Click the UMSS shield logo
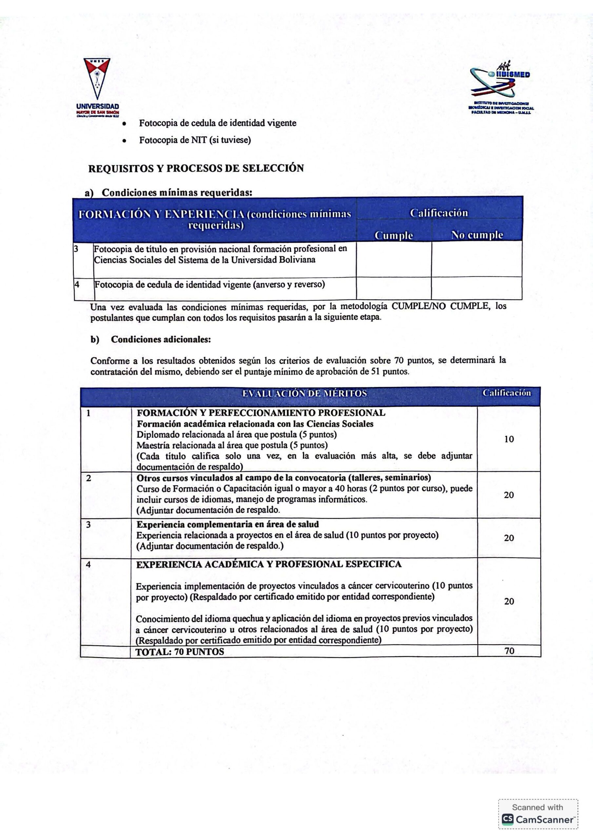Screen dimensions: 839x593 (97, 78)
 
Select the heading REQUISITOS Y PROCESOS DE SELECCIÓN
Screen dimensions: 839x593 (196, 168)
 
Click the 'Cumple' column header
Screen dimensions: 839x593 (394, 236)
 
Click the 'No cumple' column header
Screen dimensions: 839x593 (477, 235)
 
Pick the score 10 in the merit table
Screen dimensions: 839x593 (509, 439)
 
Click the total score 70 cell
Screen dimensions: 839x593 (509, 651)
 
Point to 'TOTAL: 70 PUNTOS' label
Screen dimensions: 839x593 (180, 652)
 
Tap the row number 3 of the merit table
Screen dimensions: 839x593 (88, 525)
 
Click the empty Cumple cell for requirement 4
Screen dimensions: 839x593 (394, 288)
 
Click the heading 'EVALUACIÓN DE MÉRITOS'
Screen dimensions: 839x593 (304, 393)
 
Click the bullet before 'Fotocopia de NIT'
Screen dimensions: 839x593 (125, 140)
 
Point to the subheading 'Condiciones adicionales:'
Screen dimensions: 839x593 (161, 340)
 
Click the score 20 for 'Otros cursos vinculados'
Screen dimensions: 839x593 (509, 495)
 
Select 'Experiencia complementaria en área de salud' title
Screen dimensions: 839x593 (227, 524)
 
